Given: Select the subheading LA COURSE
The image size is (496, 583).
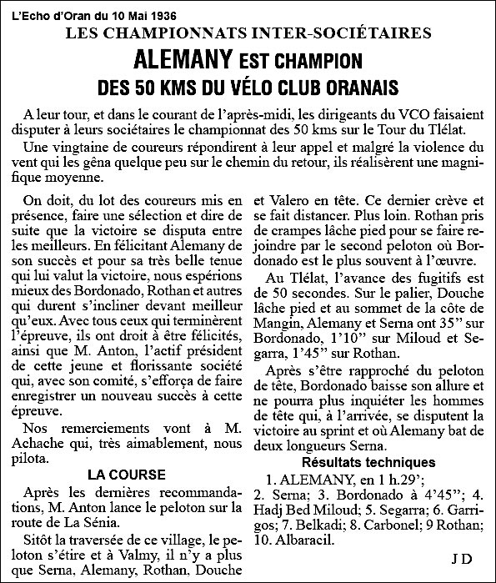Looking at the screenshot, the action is coord(127,475).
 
